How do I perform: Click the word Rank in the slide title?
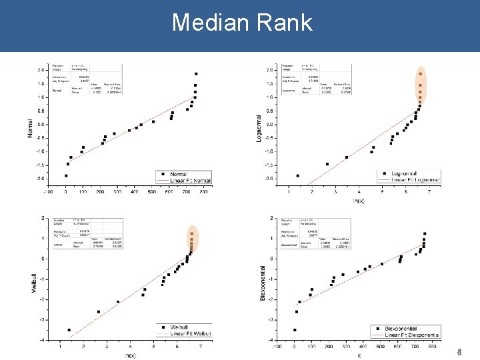point(287,23)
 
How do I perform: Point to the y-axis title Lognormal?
point(259,126)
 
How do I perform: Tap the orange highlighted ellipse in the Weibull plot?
point(191,243)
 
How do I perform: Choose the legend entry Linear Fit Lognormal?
point(415,180)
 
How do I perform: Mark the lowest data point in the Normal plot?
point(66,175)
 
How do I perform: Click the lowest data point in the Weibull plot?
point(69,330)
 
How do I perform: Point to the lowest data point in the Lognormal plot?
point(297,175)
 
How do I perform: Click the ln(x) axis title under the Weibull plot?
point(131,355)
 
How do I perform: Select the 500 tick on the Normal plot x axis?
point(152,192)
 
